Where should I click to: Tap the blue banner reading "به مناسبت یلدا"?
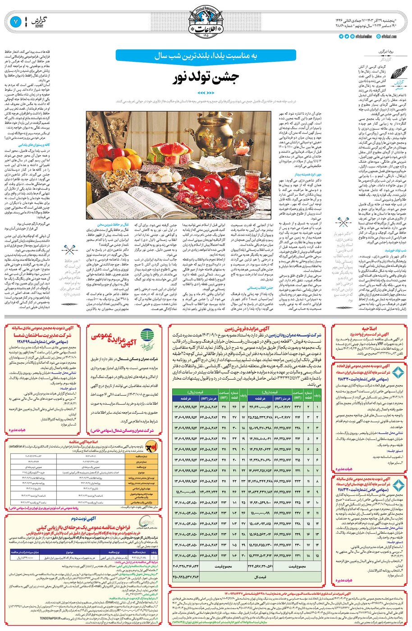pyautogui.click(x=206, y=56)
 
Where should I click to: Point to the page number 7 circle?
pyautogui.click(x=15, y=21)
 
